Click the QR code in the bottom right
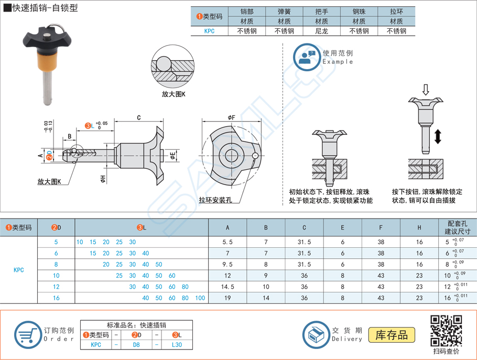tap(446, 330)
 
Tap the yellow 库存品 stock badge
tap(392, 335)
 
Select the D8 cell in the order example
tap(136, 345)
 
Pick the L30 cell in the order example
tap(177, 345)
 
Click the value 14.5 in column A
tap(227, 287)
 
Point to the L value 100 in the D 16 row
tap(200, 298)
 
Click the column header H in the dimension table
tap(419, 227)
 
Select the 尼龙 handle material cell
tap(321, 31)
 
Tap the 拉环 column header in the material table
tap(396, 12)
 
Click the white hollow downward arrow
tap(426, 90)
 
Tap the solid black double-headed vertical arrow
tap(438, 136)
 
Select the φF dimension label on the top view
tap(231, 118)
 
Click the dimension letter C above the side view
tap(138, 118)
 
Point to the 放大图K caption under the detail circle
tap(174, 94)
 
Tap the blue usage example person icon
tap(306, 57)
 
